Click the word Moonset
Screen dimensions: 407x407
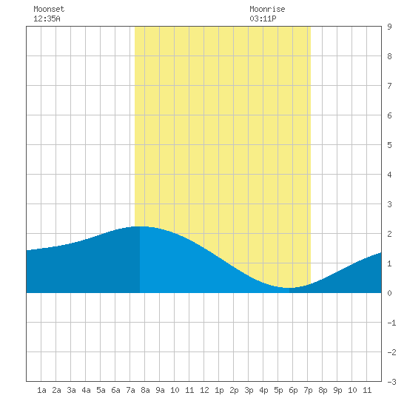click(49, 9)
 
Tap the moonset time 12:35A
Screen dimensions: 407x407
click(47, 18)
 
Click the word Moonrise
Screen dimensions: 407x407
click(267, 9)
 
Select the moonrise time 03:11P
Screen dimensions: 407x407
click(263, 18)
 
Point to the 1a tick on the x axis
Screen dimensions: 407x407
click(41, 390)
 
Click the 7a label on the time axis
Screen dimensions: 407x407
click(130, 390)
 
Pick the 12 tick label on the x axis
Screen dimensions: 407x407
click(204, 390)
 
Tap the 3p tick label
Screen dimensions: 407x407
click(249, 390)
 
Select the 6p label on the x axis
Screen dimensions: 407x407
click(293, 390)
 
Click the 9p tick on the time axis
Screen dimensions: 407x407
click(337, 390)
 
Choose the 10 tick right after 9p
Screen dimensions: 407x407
click(352, 390)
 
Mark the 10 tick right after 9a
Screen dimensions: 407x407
click(175, 390)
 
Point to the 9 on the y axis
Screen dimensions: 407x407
click(389, 27)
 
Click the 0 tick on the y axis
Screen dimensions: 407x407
click(389, 293)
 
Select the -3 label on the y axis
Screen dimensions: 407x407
click(391, 382)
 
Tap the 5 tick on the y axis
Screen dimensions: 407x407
click(389, 145)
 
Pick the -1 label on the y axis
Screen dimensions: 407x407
click(391, 323)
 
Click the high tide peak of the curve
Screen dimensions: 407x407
click(140, 226)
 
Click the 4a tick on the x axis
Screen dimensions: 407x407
click(86, 390)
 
